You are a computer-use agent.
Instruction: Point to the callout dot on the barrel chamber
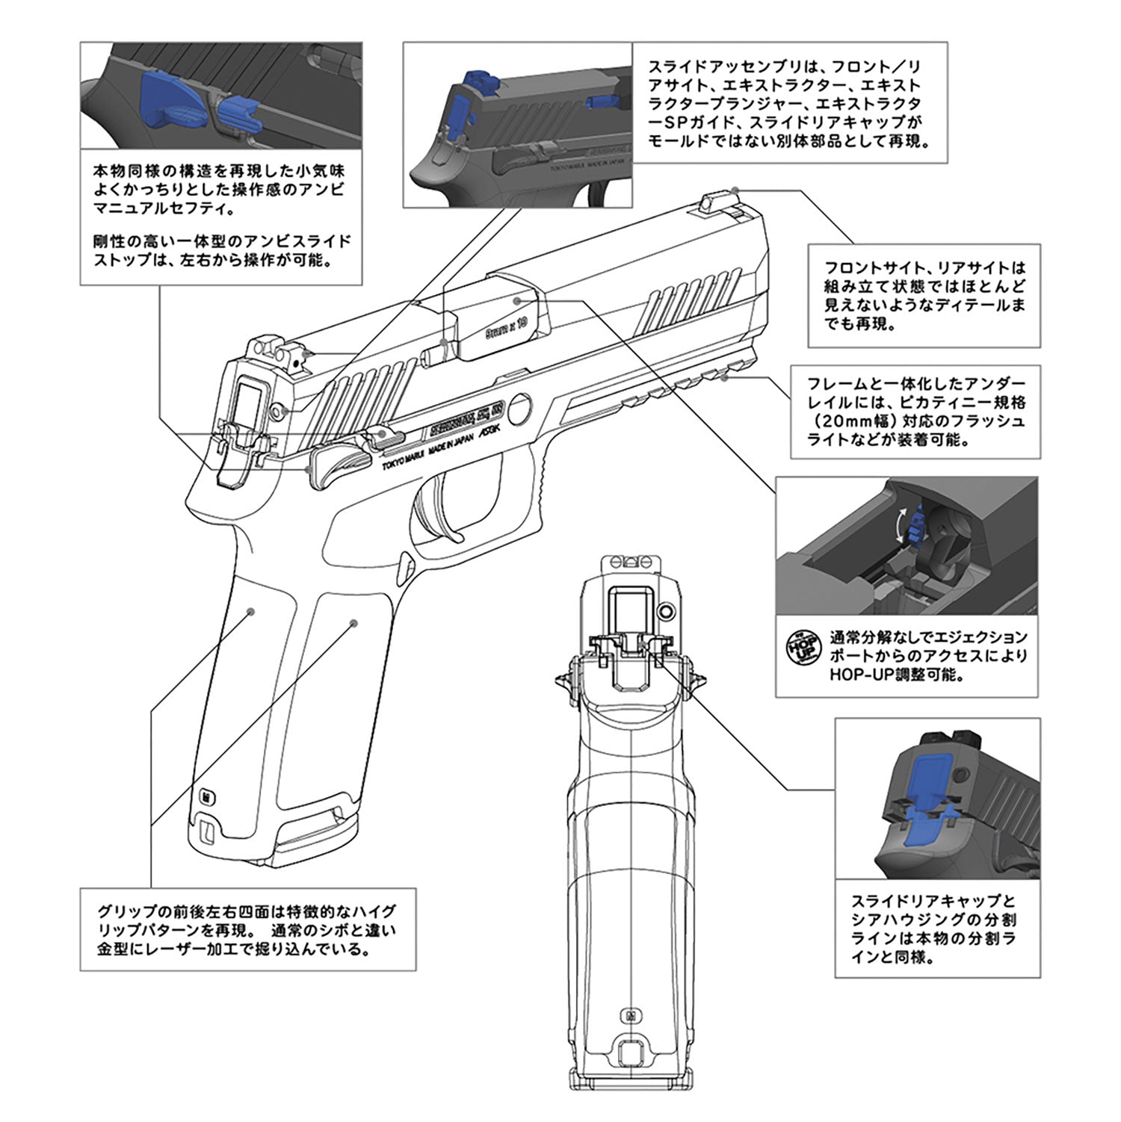click(x=518, y=299)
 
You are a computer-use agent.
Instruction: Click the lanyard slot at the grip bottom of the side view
click(x=208, y=828)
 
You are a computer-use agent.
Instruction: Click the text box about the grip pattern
click(x=247, y=929)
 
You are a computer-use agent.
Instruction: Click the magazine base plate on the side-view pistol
click(x=314, y=848)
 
